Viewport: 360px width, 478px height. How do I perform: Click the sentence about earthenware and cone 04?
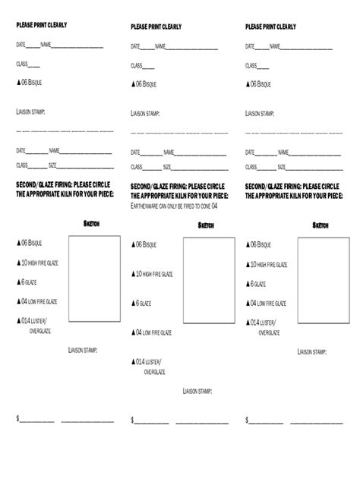coord(175,206)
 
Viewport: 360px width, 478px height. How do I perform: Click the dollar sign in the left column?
coord(18,419)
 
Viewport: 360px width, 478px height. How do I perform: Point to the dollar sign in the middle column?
coord(132,420)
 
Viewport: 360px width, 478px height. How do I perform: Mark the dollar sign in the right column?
coord(247,420)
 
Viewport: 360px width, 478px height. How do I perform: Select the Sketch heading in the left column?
coord(90,223)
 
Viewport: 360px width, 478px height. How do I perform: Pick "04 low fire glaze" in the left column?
coord(49,301)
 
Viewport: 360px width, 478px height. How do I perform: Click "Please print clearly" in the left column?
coord(42,25)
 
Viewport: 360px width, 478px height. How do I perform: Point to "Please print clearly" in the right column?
coord(270,27)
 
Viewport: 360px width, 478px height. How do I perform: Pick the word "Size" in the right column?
coord(282,165)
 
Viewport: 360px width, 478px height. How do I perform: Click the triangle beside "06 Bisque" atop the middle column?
coord(133,84)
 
